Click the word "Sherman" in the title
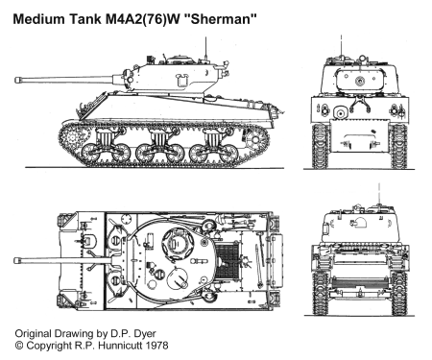(221, 19)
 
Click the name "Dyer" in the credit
(144, 334)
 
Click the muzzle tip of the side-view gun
(16, 80)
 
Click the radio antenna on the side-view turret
(205, 49)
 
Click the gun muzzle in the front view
(360, 82)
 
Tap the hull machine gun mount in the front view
(340, 112)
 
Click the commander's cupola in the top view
(178, 244)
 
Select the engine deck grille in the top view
(227, 260)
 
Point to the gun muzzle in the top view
(16, 260)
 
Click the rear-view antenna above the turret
(379, 194)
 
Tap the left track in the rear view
(320, 293)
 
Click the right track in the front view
(398, 146)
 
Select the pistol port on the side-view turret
(181, 80)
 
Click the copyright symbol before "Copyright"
(19, 346)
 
